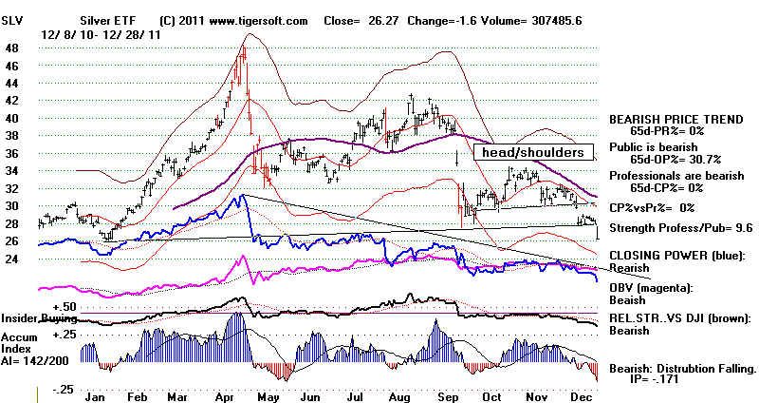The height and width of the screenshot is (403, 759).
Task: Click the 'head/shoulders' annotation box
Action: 533,152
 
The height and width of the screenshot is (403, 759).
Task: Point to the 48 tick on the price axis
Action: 12,48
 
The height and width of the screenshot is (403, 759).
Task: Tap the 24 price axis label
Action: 12,259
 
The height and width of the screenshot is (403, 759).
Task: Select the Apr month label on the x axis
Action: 224,397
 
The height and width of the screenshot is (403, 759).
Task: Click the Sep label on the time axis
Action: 448,397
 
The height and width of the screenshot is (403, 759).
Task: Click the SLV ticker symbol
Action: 12,21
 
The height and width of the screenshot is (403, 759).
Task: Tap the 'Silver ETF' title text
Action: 108,21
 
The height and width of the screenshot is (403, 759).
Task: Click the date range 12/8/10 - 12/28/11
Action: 101,35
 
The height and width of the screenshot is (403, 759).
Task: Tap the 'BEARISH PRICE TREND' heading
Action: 676,120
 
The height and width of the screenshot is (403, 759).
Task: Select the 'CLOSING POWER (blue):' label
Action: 677,256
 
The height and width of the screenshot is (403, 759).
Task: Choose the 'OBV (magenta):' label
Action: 651,288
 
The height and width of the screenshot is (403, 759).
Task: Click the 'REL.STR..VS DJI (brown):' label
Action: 679,318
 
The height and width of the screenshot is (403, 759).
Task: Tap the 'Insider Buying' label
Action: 39,318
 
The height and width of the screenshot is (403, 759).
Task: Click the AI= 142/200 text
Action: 35,361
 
